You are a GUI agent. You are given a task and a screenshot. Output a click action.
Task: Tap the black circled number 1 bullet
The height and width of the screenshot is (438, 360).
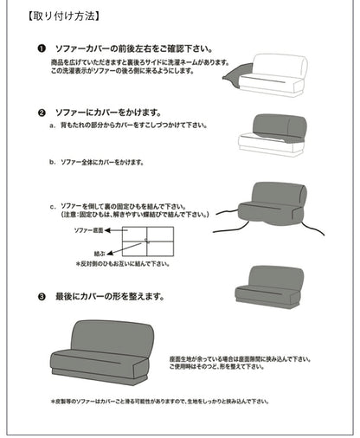pos(42,50)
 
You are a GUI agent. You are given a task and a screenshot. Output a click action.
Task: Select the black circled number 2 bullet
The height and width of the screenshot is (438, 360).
pos(42,113)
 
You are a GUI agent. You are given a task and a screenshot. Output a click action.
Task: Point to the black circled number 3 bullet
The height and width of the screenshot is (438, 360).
pos(42,295)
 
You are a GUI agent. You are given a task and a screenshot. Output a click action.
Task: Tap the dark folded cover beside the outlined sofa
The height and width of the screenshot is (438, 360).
pos(235,77)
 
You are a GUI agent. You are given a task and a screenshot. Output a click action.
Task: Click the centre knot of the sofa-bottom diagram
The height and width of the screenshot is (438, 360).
pos(147,242)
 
